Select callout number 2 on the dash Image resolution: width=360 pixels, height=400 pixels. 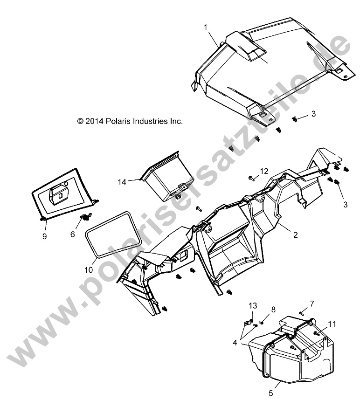tap(295, 235)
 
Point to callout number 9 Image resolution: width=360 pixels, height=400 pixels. tap(44, 236)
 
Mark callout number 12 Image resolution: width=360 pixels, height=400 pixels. tap(264, 171)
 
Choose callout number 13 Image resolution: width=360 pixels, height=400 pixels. tap(252, 306)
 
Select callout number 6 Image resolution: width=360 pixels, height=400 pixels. tap(73, 234)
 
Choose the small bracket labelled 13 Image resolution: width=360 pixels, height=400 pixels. tap(249, 321)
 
